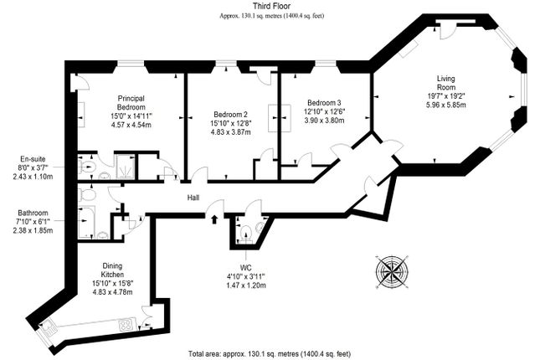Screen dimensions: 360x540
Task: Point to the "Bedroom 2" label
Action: coord(230,114)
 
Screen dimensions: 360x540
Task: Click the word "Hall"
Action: coord(193,198)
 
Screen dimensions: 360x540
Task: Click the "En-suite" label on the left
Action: coord(34,159)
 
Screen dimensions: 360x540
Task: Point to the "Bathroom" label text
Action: coord(34,213)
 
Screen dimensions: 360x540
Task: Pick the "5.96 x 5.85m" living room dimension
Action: coord(449,105)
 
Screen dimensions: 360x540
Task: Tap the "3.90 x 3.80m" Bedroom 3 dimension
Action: coord(322,120)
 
